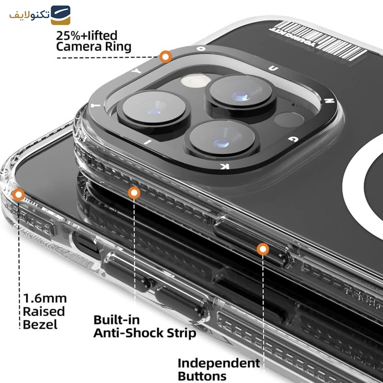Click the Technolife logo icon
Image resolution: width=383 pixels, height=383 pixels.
[61, 15]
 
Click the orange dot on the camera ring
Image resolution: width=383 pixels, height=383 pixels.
[166, 57]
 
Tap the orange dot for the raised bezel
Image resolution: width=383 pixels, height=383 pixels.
[19, 194]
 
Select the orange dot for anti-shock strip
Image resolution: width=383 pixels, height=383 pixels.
[134, 192]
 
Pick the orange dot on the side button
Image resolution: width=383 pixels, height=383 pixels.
[262, 248]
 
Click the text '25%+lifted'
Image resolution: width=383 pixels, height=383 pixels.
[87, 35]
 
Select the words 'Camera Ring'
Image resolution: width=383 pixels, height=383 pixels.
[93, 47]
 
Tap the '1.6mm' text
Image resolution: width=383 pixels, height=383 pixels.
[45, 299]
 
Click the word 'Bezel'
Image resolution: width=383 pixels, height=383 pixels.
[40, 324]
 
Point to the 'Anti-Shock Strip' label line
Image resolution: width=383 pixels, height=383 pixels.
[144, 333]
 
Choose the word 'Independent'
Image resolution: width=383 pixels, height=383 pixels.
[219, 363]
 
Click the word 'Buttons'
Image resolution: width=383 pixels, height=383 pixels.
[202, 376]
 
